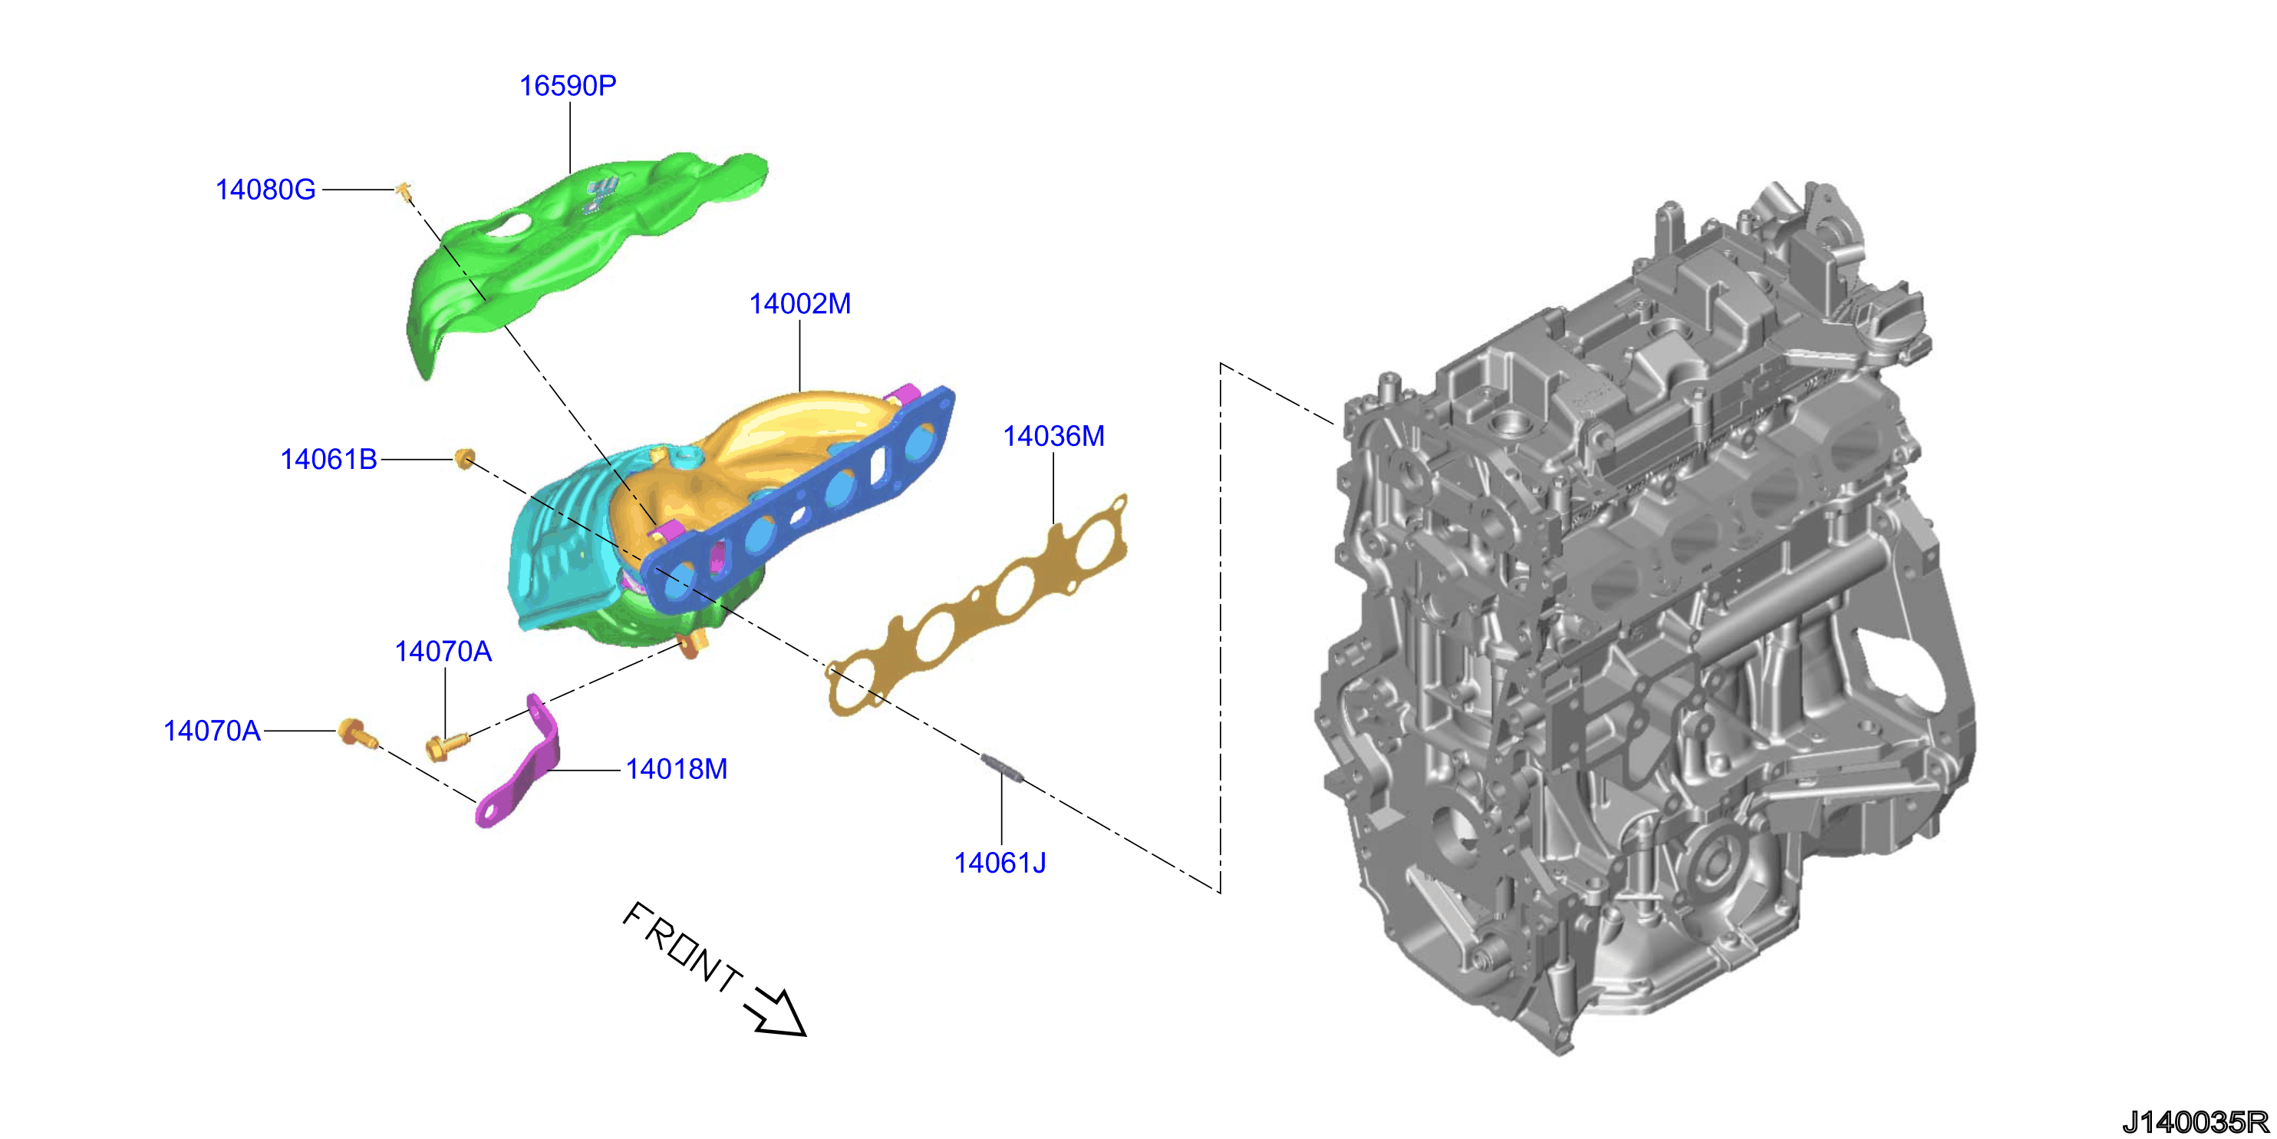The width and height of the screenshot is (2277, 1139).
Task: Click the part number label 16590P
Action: [568, 86]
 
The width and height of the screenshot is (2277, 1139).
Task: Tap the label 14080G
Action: [265, 190]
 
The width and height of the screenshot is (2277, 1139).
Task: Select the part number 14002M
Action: [800, 304]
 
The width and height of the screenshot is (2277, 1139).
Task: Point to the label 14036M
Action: [1053, 436]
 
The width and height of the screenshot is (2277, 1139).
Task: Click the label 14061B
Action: [329, 460]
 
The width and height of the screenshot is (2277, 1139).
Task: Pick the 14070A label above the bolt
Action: [443, 652]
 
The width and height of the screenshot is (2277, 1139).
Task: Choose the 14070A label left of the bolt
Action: [213, 731]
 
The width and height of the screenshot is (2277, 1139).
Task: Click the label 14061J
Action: [1000, 863]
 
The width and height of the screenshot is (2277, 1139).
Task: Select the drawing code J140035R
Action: [2196, 1122]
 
